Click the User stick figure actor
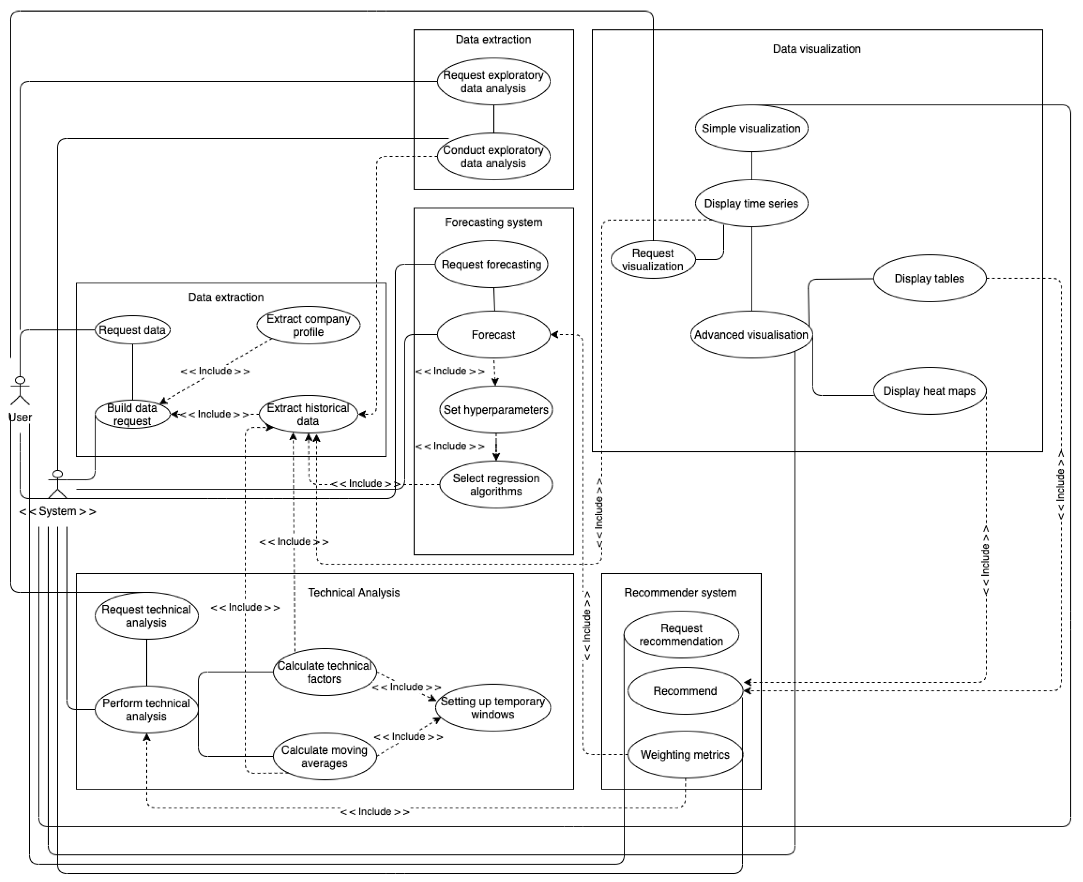pos(20,391)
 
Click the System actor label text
pos(57,511)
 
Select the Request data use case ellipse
pos(132,330)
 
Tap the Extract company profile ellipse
pos(308,325)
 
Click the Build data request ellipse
pos(132,414)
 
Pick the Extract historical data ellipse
pos(308,414)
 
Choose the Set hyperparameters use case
pos(496,410)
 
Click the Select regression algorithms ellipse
pos(496,485)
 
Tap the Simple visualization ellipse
pos(751,128)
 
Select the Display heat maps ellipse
pos(929,391)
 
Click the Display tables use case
pos(929,278)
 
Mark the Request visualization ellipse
pos(653,260)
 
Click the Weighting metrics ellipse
pos(685,755)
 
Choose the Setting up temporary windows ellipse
pos(493,708)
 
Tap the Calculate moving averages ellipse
pos(324,756)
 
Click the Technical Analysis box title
pos(354,592)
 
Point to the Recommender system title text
pos(680,592)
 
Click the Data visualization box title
pos(817,49)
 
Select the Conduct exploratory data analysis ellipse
pos(493,156)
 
